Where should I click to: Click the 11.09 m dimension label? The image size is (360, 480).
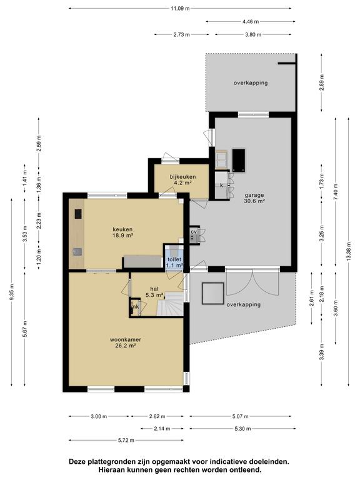(x=180, y=9)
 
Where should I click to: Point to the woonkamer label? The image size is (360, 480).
(x=126, y=339)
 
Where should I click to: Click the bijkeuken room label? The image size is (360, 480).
(x=182, y=177)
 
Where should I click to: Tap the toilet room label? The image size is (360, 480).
(x=174, y=259)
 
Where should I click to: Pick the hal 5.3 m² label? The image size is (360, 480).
(x=154, y=292)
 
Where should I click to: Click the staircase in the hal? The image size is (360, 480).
(x=170, y=304)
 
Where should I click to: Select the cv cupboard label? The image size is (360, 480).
(x=194, y=232)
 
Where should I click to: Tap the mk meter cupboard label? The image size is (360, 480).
(x=135, y=306)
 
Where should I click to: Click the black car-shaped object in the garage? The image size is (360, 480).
(x=239, y=160)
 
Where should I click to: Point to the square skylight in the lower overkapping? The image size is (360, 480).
(x=212, y=293)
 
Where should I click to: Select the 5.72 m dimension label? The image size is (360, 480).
(x=126, y=440)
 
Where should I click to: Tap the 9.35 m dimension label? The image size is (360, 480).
(x=12, y=292)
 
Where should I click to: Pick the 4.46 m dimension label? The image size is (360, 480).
(x=251, y=21)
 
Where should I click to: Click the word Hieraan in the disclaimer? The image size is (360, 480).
(x=110, y=469)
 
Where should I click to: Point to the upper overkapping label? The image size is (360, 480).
(x=251, y=82)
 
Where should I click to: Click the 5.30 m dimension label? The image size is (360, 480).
(x=242, y=429)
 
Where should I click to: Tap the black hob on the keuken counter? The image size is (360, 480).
(x=78, y=214)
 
